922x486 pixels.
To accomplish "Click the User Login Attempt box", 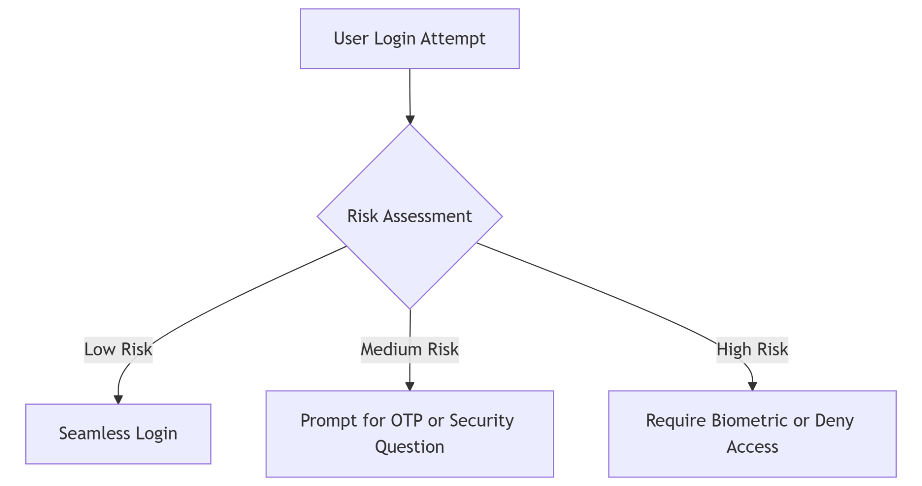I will coord(409,39).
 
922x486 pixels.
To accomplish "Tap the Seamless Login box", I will coord(118,434).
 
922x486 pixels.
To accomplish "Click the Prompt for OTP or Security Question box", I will coord(409,433).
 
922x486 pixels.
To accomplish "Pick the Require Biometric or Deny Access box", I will coord(752,433).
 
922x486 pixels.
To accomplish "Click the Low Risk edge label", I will coord(118,350).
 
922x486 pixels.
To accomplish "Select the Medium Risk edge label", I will coord(409,350).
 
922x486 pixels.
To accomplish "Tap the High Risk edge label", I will coord(752,350).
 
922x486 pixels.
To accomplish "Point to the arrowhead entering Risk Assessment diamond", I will coord(410,119).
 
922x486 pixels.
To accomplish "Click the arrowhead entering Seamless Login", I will coord(118,400).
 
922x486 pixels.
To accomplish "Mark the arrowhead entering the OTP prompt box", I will coord(409,386).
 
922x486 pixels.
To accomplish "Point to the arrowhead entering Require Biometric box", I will coord(752,386).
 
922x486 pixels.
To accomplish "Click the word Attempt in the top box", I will coord(453,39).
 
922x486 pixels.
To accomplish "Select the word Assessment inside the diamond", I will coord(427,216).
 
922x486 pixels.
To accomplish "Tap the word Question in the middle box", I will coord(409,447).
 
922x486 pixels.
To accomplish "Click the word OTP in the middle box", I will coord(407,421).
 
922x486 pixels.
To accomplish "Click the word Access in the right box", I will coord(752,447).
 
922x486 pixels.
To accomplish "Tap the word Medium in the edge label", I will coord(391,350).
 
